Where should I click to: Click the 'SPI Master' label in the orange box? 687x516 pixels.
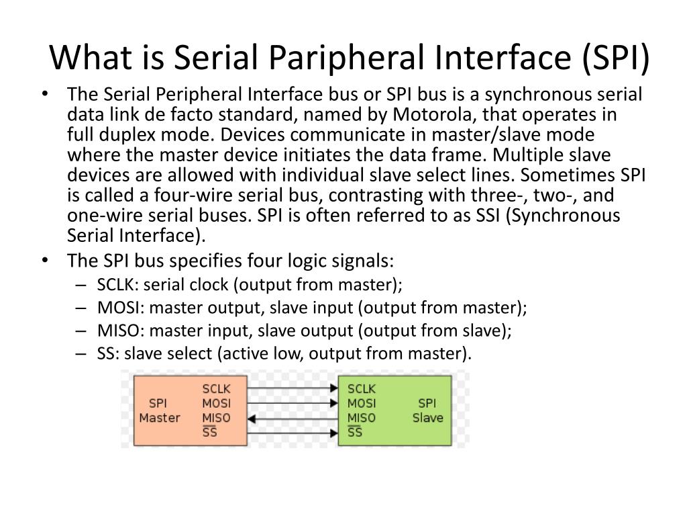[x=159, y=411]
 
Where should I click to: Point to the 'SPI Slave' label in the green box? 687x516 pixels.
[x=427, y=411]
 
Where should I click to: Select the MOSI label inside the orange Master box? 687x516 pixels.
[x=216, y=404]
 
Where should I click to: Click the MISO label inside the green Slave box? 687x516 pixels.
[x=362, y=418]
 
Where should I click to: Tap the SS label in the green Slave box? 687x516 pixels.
[x=355, y=432]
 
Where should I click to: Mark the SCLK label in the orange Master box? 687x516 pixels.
[x=217, y=389]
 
